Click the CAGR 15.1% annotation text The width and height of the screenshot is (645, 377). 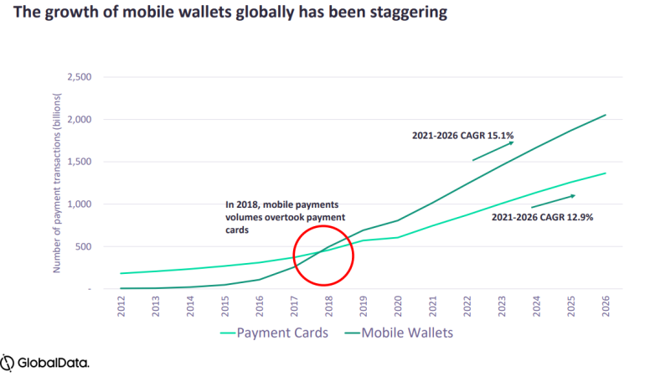coord(462,134)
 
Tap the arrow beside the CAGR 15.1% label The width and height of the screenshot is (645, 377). coord(493,152)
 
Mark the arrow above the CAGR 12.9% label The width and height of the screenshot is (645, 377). coord(554,201)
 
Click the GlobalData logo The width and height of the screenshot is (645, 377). coord(46,362)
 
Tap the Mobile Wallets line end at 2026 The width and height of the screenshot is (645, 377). coord(605,115)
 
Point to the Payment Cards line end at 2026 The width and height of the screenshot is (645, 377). coord(605,173)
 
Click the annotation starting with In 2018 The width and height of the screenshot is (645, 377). coord(283,214)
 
